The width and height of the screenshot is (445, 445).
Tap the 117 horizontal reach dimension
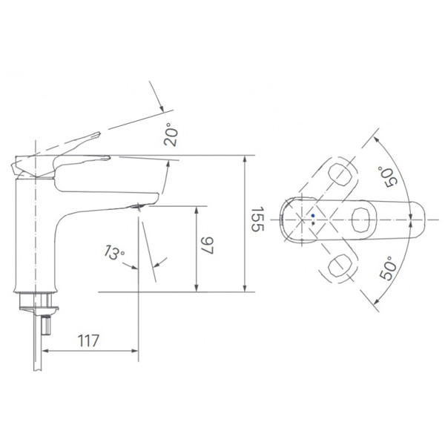click(88, 340)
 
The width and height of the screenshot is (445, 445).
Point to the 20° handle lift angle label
click(171, 134)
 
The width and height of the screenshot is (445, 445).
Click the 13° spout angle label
click(113, 253)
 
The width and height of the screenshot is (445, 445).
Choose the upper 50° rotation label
click(387, 177)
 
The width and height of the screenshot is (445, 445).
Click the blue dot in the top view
click(313, 216)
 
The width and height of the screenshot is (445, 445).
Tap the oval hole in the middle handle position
click(362, 220)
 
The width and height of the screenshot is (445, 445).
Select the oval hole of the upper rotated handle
click(340, 174)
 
